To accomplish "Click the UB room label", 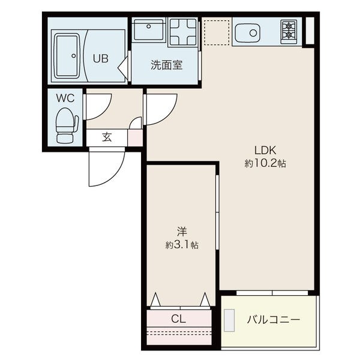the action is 101,59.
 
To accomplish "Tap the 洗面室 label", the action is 167,65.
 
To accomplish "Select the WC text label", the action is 65,98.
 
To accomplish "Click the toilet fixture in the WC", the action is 67,125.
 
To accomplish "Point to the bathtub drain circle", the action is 74,56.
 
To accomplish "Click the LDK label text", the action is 265,150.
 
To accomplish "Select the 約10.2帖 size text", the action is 265,163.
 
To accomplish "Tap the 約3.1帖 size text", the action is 182,245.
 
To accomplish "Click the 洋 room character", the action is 182,232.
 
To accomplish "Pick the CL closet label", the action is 178,319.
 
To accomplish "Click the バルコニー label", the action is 274,319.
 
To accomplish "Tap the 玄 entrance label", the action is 107,137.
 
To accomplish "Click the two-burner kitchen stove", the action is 289,32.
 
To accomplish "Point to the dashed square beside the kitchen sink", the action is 217,32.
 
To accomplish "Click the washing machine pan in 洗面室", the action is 183,32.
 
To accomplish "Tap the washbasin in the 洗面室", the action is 149,30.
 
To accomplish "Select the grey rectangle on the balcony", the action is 229,320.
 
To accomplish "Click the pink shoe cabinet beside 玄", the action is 135,137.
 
